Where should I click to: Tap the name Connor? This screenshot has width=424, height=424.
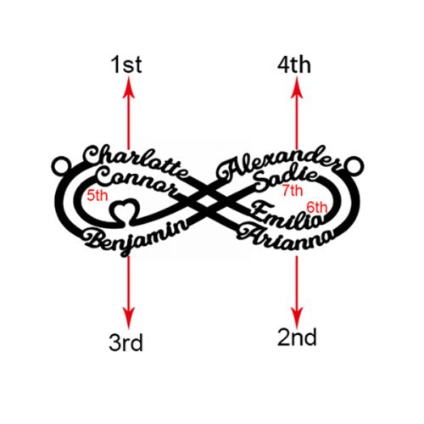coord(136,181)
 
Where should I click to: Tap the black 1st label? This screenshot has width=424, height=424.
coord(127,64)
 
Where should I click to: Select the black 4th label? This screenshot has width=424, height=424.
coord(296,64)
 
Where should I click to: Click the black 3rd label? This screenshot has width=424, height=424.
coord(126,343)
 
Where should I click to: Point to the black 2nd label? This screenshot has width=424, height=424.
coord(297,338)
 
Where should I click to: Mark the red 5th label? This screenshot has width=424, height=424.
coord(98,197)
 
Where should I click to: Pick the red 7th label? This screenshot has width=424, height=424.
coord(293,191)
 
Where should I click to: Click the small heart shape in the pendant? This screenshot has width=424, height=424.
coord(126,209)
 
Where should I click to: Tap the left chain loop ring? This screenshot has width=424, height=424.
coord(60,162)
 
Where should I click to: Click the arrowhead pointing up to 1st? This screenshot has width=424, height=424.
coord(128,85)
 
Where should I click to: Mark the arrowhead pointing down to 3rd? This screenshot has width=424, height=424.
coord(128,316)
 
